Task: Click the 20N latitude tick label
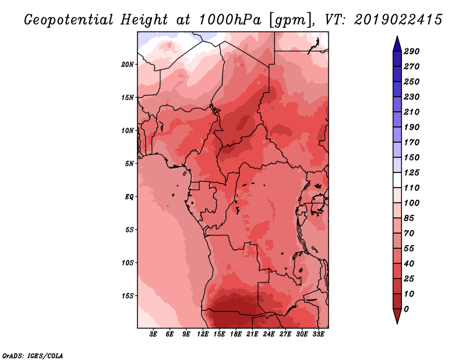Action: point(127,65)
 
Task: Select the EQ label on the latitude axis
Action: point(129,197)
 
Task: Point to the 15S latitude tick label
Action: point(127,296)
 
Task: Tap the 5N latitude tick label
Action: point(129,164)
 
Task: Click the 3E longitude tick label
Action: point(153,334)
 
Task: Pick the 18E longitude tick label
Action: point(236,334)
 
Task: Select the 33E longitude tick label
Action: point(318,334)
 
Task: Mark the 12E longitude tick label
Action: point(203,334)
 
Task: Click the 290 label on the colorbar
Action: point(412,51)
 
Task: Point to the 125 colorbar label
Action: point(412,172)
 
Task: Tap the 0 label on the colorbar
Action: point(406,309)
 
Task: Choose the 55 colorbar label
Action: point(409,249)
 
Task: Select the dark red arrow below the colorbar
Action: point(397,315)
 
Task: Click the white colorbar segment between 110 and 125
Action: point(397,180)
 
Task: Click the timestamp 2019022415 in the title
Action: point(398,20)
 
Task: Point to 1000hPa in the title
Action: point(230,20)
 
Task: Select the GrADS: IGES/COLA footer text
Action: point(33,356)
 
